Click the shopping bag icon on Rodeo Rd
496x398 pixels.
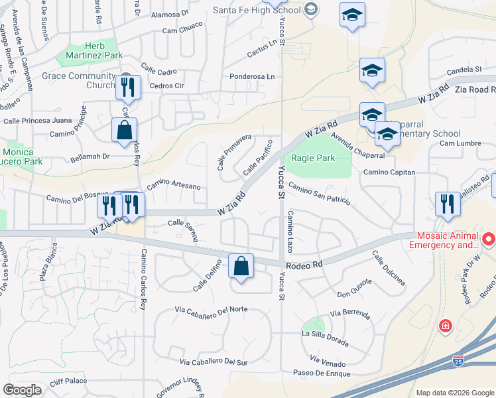point(241,267)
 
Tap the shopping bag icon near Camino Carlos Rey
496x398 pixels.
point(124,130)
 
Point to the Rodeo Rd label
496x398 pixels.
point(308,263)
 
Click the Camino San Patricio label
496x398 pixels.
point(319,194)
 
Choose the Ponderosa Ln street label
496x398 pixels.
point(252,77)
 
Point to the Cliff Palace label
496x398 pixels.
point(68,381)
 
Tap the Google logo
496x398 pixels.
point(22,390)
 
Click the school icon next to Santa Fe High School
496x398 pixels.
point(352,15)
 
